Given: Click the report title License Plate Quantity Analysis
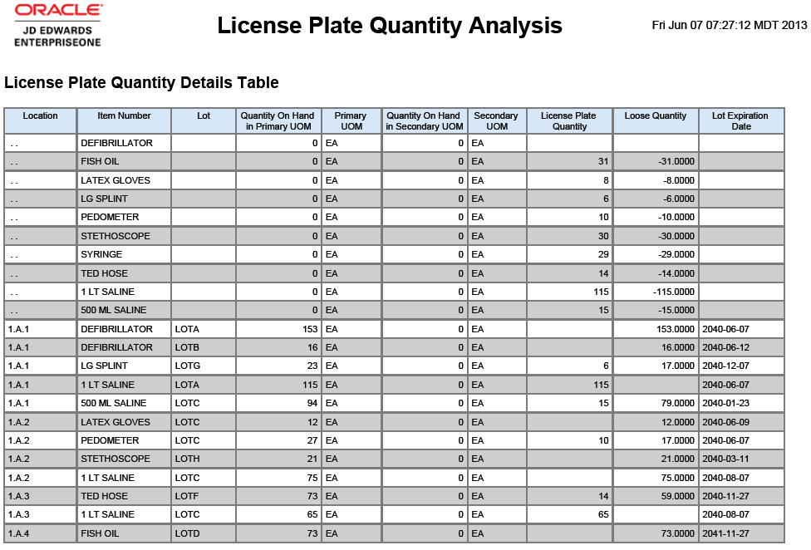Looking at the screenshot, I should click(390, 26).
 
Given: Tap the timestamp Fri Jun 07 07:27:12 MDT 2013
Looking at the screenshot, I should click(730, 25).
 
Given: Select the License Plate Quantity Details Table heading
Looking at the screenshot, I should click(141, 83).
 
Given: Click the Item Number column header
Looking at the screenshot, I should click(124, 115).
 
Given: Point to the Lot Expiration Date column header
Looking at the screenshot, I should click(741, 121).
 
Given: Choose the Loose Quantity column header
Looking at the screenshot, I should click(656, 115).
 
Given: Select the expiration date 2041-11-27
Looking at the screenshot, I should click(725, 533).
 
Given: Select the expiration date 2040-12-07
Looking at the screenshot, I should click(725, 366).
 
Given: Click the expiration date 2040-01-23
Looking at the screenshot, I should click(725, 403).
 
